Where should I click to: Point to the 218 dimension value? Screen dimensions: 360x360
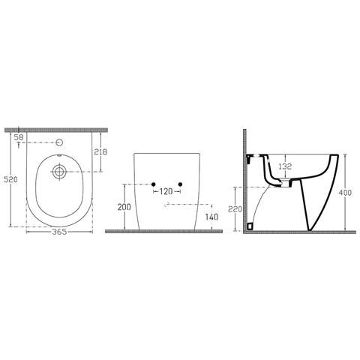[x=100, y=152]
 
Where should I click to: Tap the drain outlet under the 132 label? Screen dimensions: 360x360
[x=284, y=181]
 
